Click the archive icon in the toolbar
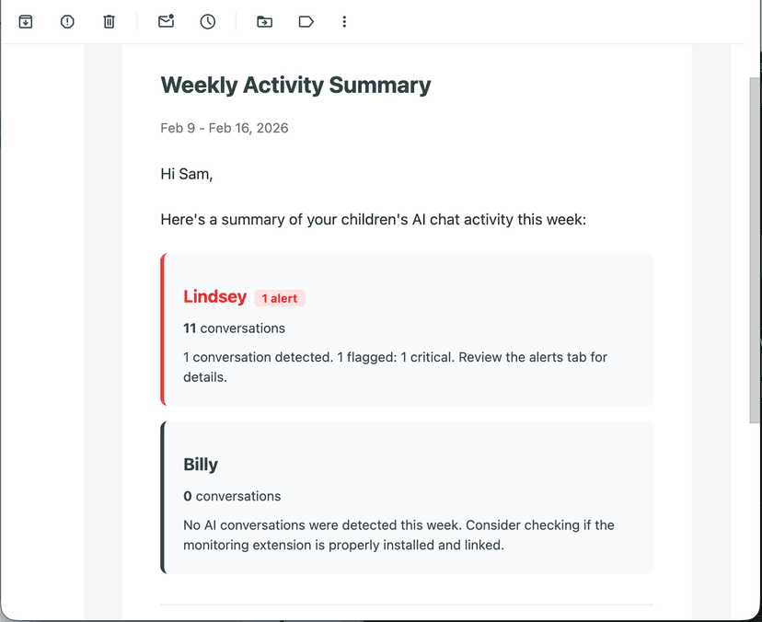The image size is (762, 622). (x=26, y=21)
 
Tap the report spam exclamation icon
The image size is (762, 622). (x=67, y=21)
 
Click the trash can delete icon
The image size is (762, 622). (x=109, y=21)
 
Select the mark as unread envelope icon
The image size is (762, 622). (x=166, y=21)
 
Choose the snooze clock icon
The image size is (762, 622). (x=208, y=21)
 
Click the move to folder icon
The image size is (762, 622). (x=264, y=21)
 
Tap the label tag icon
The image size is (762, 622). (x=306, y=21)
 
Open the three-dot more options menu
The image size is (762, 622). (x=344, y=21)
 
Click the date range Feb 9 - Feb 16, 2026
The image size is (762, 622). (x=225, y=128)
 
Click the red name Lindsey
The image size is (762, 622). (x=215, y=296)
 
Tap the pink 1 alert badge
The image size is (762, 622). (x=280, y=298)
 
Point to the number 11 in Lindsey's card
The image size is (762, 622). (x=190, y=328)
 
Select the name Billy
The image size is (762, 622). (x=201, y=465)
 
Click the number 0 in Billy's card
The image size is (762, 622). (x=188, y=496)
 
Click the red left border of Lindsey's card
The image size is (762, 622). (x=163, y=329)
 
